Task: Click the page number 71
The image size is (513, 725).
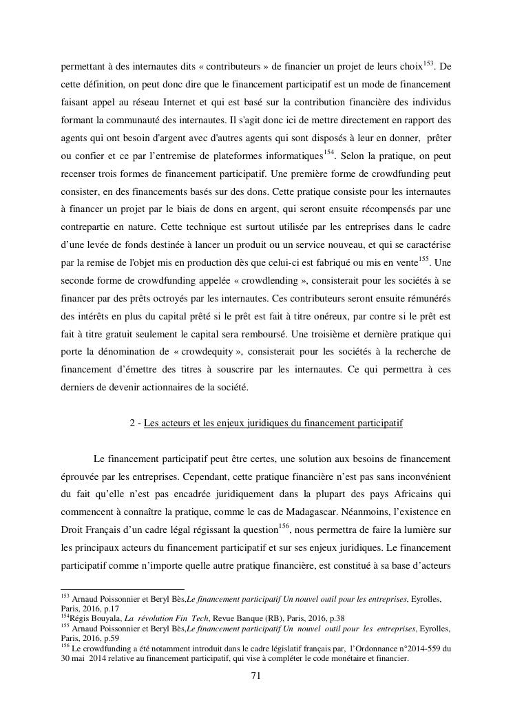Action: click(x=256, y=675)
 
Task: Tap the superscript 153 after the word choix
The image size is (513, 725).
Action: click(x=424, y=63)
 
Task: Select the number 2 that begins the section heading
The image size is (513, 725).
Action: click(x=133, y=423)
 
